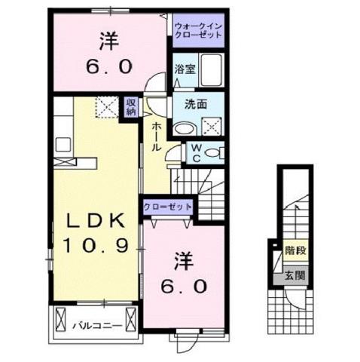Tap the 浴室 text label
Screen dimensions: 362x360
click(x=185, y=68)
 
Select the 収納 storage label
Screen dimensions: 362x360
click(x=131, y=107)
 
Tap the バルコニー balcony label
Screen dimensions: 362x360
click(x=92, y=326)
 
